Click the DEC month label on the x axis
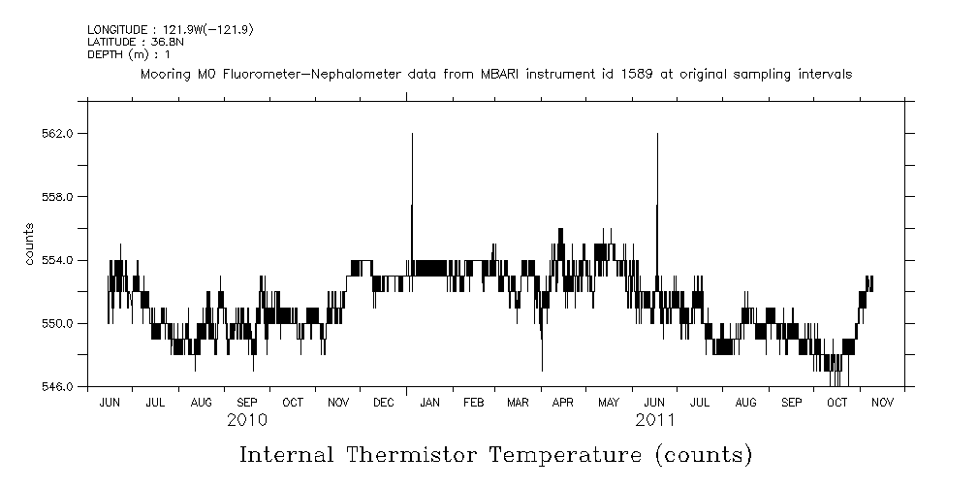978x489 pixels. click(x=383, y=402)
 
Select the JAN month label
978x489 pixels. click(x=428, y=402)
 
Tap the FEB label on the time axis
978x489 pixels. click(x=473, y=402)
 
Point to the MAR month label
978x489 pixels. click(x=518, y=402)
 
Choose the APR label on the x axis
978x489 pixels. click(x=563, y=402)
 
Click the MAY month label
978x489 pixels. click(x=609, y=402)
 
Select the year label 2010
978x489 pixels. click(x=247, y=420)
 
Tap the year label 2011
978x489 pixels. click(x=655, y=420)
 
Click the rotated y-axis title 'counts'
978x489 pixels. click(x=29, y=244)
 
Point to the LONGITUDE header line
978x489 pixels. click(x=171, y=30)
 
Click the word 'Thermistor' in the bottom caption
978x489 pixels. click(x=410, y=455)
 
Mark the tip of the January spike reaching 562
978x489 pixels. click(x=413, y=134)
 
